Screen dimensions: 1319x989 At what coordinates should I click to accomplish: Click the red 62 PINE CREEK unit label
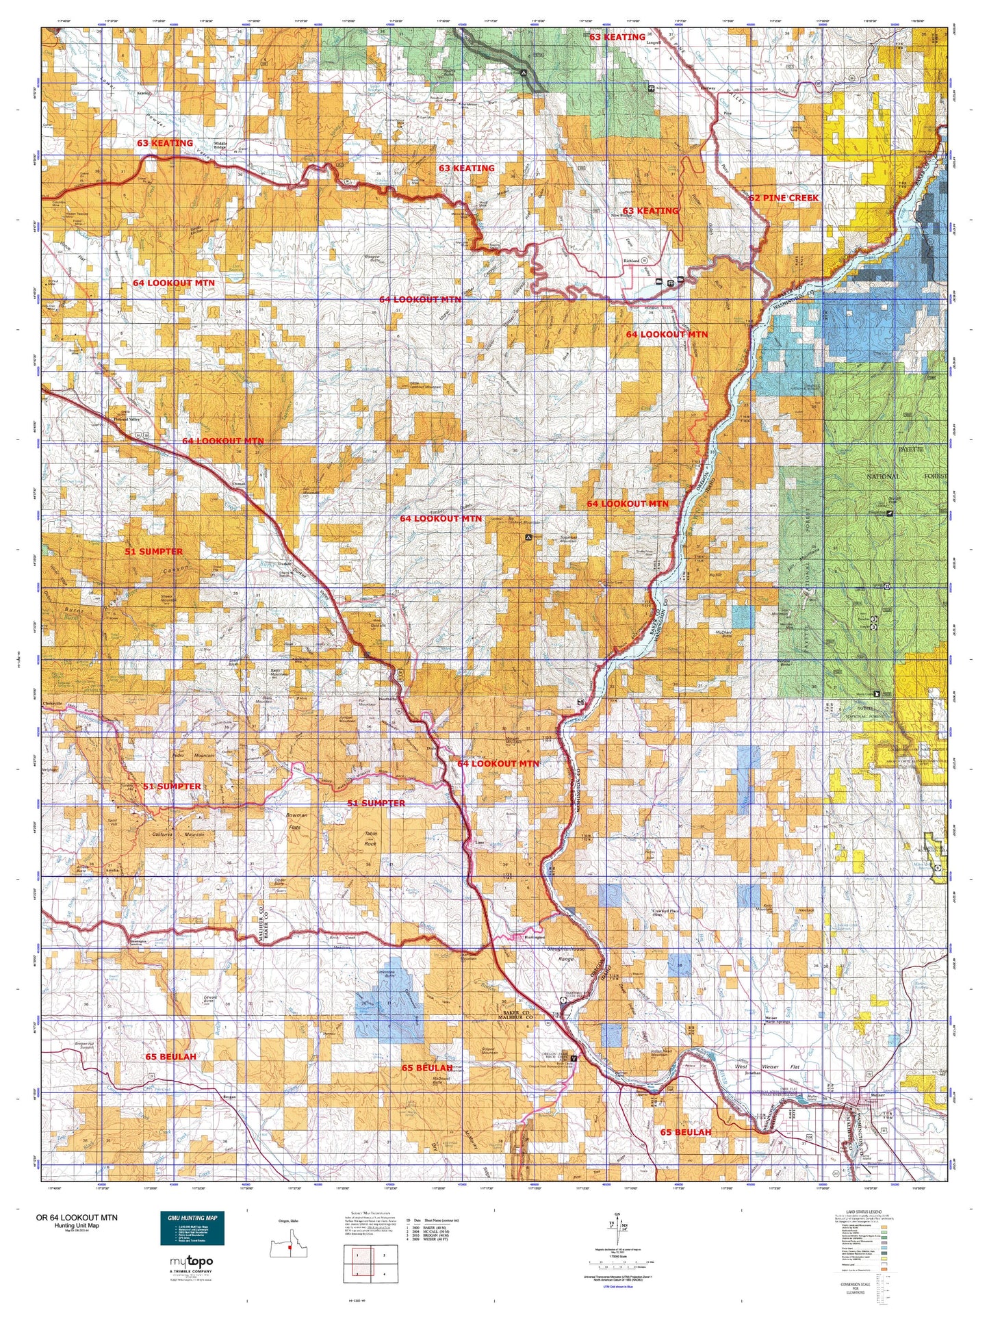point(783,198)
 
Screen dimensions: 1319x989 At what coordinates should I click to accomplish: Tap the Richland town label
point(630,261)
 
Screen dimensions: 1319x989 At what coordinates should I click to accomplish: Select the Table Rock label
point(370,838)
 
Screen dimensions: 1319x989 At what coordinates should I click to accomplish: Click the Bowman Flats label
point(296,821)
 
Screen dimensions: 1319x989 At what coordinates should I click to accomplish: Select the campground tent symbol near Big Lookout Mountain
point(528,538)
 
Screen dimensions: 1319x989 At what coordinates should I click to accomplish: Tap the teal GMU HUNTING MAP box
point(192,1228)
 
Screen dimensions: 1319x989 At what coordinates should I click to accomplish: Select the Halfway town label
point(707,88)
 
